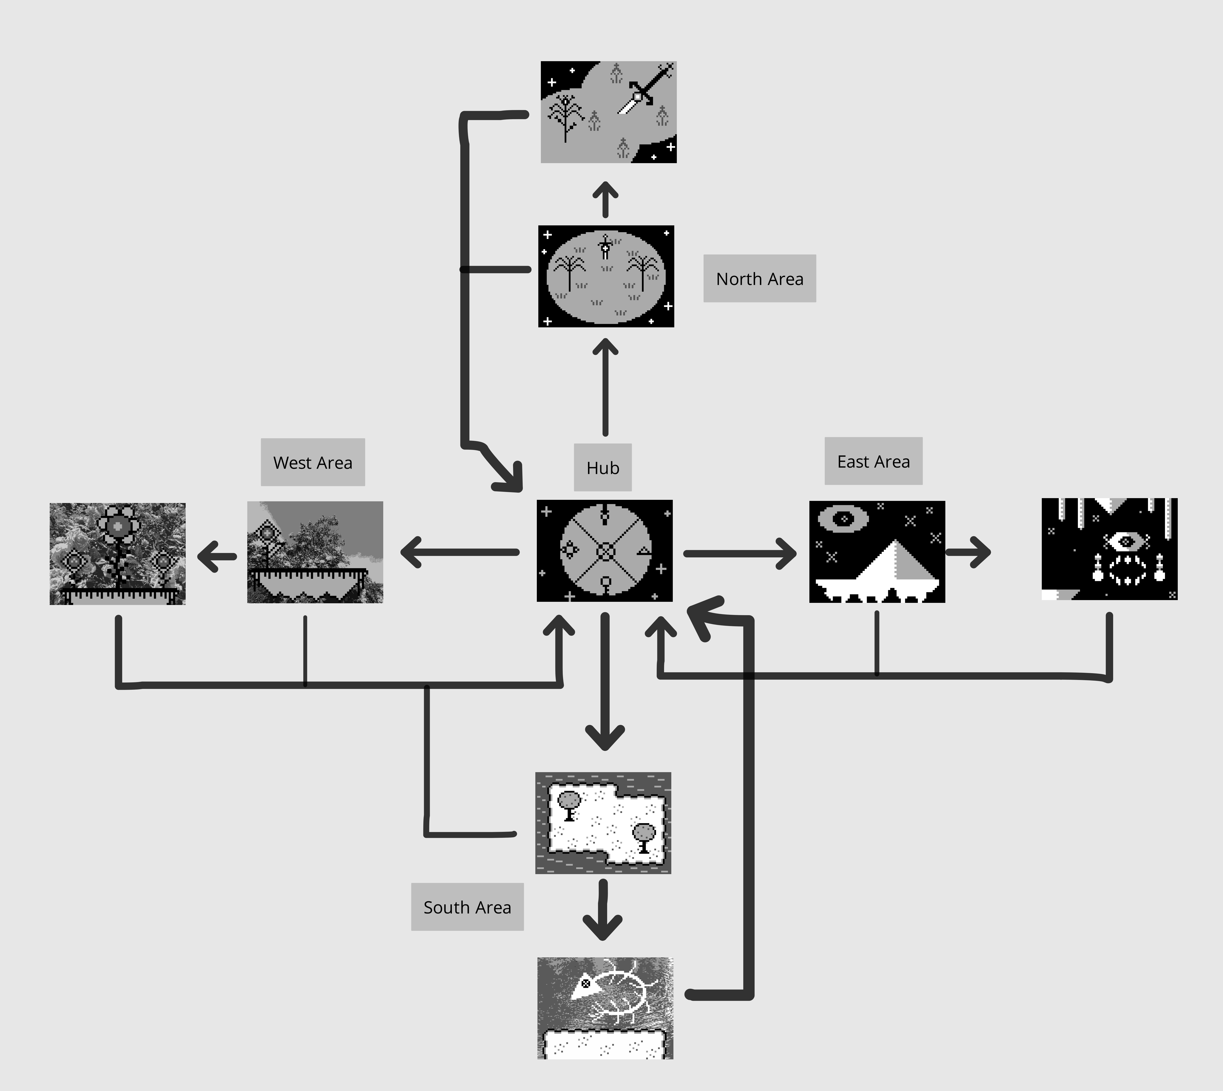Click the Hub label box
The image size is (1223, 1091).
602,468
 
